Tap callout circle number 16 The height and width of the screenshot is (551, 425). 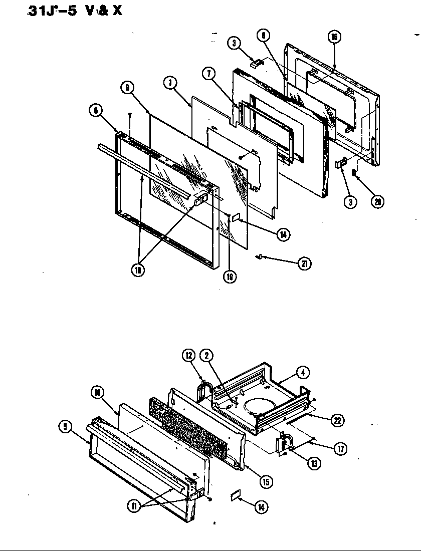tap(335, 37)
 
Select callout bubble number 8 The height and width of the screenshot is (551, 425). tap(263, 36)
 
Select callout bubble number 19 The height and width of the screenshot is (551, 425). tap(230, 277)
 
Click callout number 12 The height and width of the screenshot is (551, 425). tap(188, 356)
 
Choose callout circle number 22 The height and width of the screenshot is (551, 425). tap(338, 421)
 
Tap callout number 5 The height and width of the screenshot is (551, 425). tap(65, 427)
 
